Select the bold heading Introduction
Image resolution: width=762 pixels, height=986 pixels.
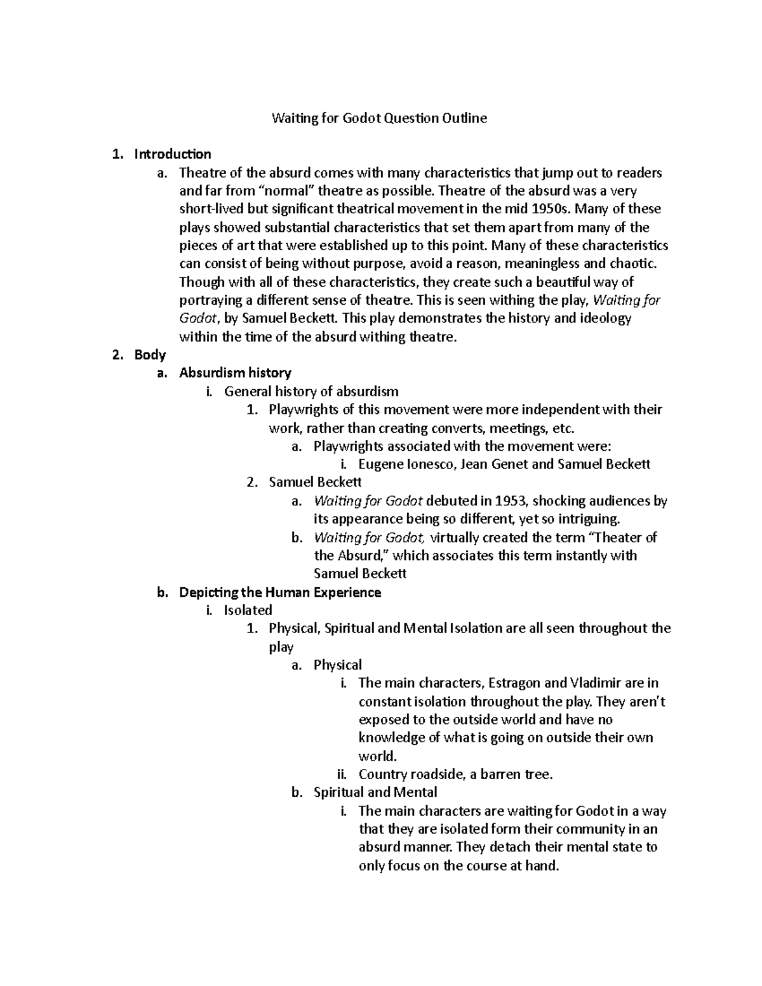[x=173, y=154]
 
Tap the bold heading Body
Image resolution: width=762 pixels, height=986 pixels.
[x=150, y=355]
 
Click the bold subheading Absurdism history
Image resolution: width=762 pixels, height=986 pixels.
[x=235, y=373]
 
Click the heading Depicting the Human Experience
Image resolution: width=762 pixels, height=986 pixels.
[x=280, y=592]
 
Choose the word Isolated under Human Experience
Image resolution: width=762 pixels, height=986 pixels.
[x=248, y=611]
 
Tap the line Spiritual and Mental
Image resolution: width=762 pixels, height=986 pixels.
[x=375, y=792]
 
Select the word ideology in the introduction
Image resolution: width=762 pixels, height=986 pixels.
[x=604, y=318]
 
